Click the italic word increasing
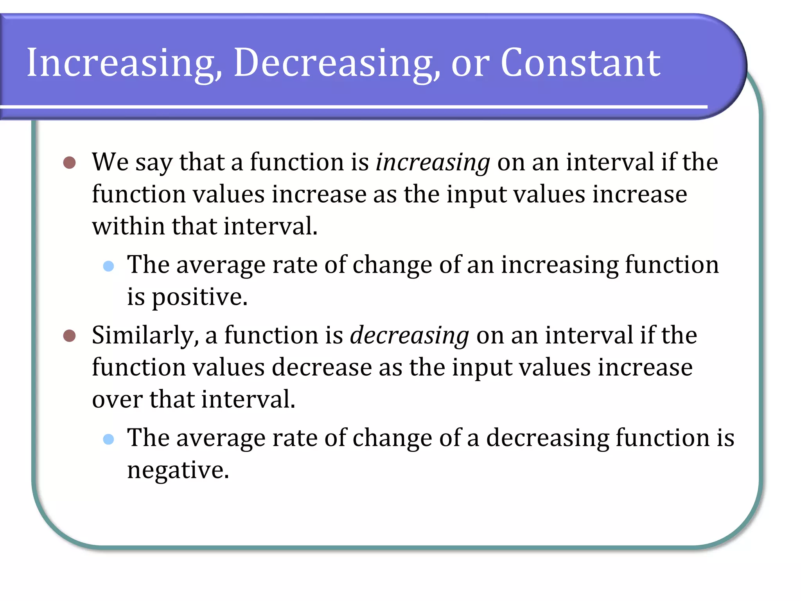(433, 163)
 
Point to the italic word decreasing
(409, 336)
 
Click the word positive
(199, 297)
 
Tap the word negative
(178, 470)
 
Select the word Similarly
(145, 336)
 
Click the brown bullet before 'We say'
(70, 162)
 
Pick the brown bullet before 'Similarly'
(70, 335)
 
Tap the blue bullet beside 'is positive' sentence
(108, 266)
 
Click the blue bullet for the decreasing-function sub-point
(108, 439)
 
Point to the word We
(110, 162)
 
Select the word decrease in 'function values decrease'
(321, 368)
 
